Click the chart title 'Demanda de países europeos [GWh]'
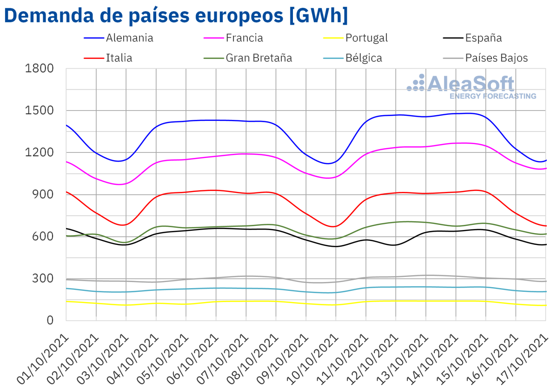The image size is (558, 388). [176, 15]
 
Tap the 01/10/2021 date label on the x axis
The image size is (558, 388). [43, 355]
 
